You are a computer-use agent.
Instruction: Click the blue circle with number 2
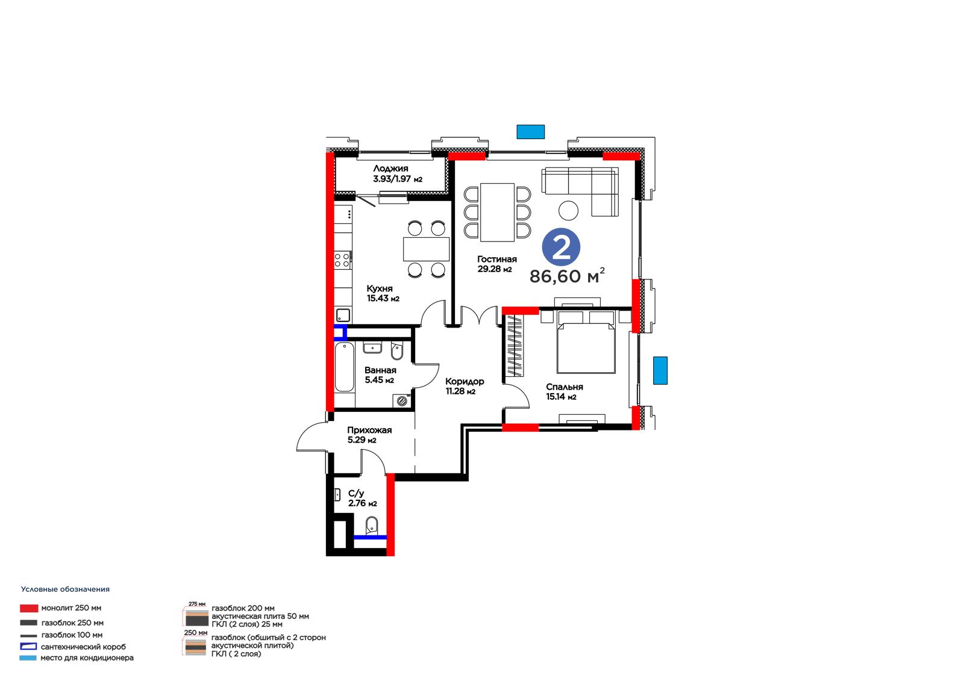(561, 246)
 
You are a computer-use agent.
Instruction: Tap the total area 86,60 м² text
(567, 276)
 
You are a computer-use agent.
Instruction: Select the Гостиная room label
(497, 259)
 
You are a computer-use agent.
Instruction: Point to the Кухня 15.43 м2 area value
(383, 298)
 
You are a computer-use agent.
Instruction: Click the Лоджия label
(391, 168)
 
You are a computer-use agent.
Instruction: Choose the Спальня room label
(565, 387)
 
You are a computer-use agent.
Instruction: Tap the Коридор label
(465, 381)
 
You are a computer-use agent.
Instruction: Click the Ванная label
(380, 370)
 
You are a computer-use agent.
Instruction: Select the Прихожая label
(370, 430)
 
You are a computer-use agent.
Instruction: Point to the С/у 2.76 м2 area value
(363, 503)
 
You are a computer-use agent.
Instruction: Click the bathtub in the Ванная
(344, 367)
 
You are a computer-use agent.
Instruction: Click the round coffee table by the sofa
(569, 211)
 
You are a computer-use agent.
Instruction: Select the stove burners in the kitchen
(343, 260)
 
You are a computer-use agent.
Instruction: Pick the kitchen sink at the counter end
(343, 316)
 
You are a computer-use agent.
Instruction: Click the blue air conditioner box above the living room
(531, 132)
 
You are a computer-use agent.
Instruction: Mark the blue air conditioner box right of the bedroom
(660, 370)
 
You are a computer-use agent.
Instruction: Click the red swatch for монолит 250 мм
(29, 608)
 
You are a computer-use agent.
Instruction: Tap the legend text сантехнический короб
(84, 647)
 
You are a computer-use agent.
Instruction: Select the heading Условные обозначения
(66, 589)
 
